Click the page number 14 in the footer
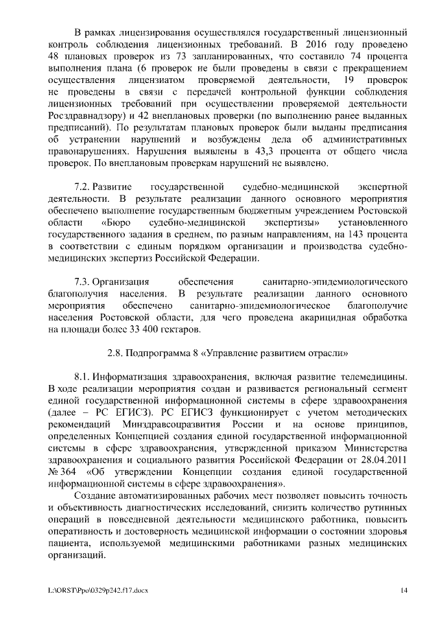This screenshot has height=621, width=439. [404, 590]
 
